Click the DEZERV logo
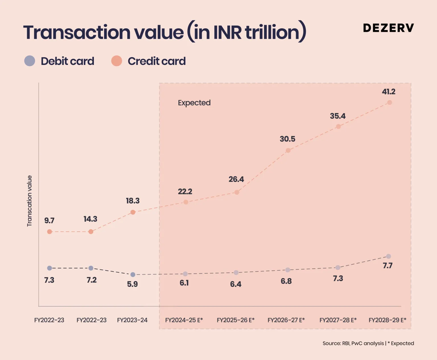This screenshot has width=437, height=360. tap(388, 28)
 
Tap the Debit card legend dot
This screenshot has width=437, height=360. tap(30, 61)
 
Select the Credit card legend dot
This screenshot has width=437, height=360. tap(117, 61)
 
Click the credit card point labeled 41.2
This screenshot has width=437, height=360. tap(389, 102)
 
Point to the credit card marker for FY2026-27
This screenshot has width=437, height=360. tap(288, 150)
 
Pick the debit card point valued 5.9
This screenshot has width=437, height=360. tap(133, 275)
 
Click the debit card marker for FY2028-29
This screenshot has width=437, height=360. tap(389, 256)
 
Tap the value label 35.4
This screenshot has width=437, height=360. tap(338, 116)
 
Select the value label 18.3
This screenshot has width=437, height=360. tap(133, 201)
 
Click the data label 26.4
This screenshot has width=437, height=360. tap(236, 179)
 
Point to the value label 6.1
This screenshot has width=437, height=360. tap(184, 283)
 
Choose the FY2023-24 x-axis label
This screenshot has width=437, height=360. tap(132, 320)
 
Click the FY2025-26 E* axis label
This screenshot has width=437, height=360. tap(236, 320)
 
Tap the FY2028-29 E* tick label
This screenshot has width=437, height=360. tap(387, 320)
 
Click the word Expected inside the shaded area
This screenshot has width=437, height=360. tap(194, 103)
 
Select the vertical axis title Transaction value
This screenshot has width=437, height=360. tap(29, 201)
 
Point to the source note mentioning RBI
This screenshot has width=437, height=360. tap(368, 343)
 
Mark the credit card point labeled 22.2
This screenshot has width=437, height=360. tap(186, 202)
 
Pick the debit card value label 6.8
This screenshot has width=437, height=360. tap(286, 281)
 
